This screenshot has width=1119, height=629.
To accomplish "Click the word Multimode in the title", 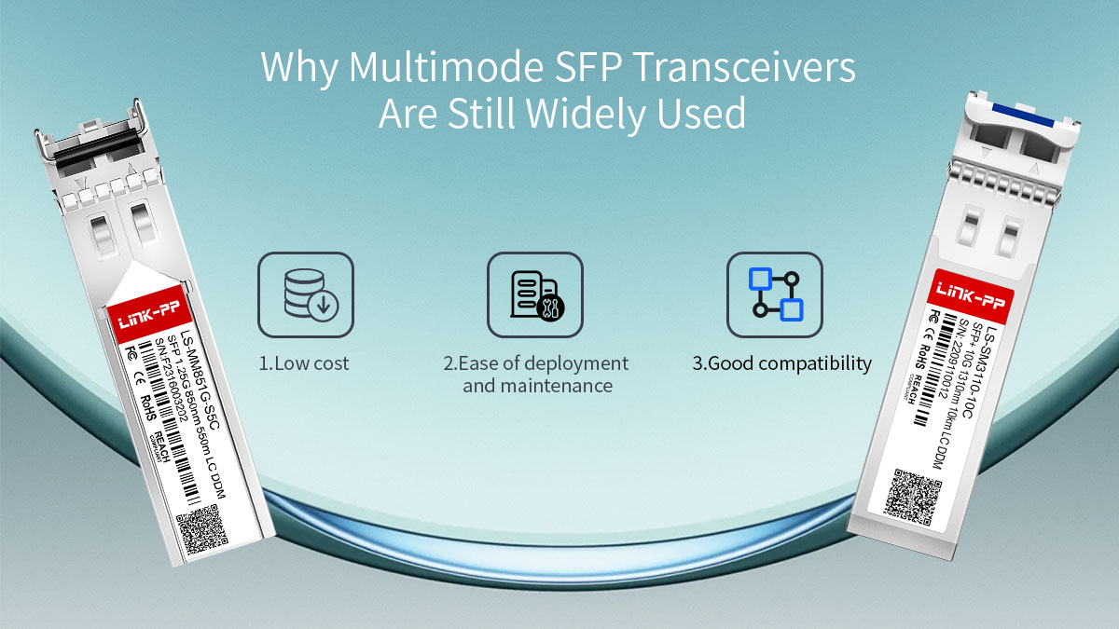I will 416,69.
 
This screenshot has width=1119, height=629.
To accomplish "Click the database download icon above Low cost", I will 306,294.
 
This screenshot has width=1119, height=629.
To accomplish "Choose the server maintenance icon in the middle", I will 534,294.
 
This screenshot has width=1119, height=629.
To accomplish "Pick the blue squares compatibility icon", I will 774,294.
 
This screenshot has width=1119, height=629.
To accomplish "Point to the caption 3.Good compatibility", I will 781,363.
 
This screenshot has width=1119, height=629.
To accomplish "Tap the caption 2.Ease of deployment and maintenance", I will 536,374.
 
